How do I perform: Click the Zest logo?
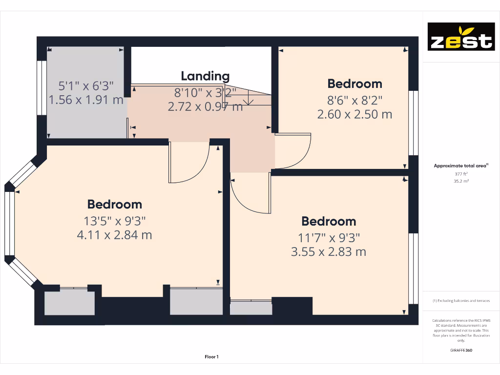point(461,37)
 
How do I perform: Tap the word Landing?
point(205,76)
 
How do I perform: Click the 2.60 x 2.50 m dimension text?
point(354,115)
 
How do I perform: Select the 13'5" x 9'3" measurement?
point(114,220)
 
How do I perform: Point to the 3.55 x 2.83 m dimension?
point(328,252)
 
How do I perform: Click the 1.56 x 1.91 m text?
point(86,100)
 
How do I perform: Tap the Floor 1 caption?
point(211,357)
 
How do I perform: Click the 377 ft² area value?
point(461,173)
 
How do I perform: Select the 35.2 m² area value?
point(461,181)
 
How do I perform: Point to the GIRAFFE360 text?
point(461,350)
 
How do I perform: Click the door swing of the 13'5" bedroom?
point(189,164)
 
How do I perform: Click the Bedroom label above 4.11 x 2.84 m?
point(114,204)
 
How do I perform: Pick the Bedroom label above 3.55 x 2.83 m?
point(328,221)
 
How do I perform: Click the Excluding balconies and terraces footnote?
point(461,301)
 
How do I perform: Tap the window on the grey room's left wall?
point(42,88)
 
